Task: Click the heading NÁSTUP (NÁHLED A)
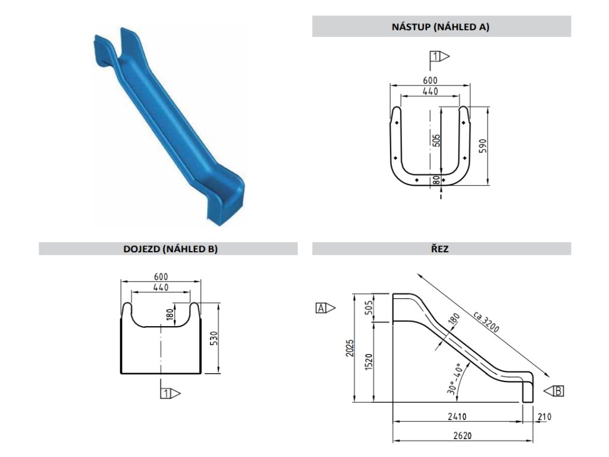[441, 27]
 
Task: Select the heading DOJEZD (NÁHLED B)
[168, 249]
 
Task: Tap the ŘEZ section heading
[441, 249]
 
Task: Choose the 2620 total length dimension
[461, 435]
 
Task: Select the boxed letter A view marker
[321, 308]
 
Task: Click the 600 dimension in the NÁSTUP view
[430, 80]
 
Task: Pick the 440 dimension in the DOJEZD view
[161, 287]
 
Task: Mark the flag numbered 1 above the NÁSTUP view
[437, 57]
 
